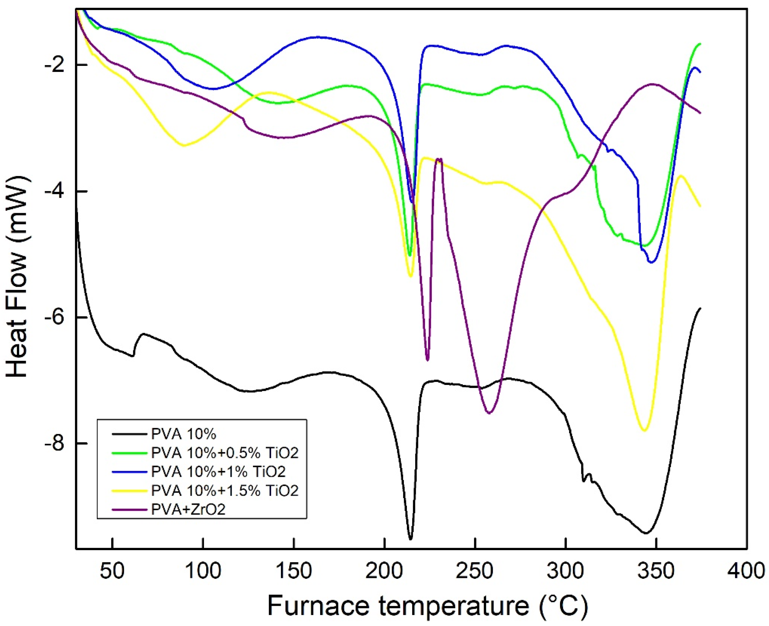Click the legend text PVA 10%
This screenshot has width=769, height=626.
(183, 434)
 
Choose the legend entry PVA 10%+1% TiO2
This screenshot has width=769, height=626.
(218, 471)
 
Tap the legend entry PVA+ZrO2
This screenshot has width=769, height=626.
(188, 509)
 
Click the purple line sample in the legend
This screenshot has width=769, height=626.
(130, 509)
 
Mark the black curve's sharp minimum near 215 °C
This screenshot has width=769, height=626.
(410, 549)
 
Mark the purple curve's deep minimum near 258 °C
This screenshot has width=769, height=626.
(489, 413)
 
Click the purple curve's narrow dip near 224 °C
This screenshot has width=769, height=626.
(427, 360)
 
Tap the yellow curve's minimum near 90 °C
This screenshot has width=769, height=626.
(184, 145)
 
